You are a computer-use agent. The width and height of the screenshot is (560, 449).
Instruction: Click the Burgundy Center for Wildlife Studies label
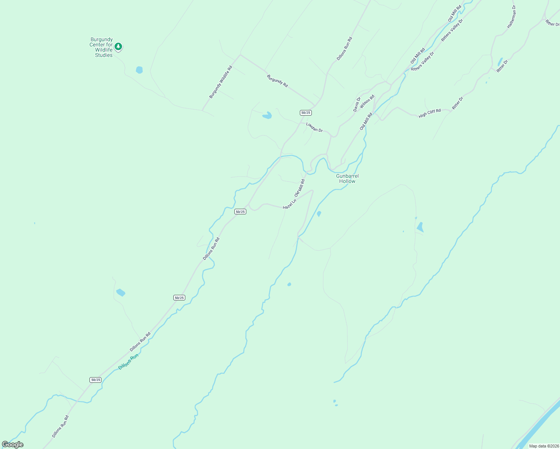click(x=101, y=47)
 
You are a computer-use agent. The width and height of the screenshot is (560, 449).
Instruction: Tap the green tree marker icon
click(x=118, y=47)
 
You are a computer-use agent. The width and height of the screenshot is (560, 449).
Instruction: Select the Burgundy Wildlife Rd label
click(x=221, y=82)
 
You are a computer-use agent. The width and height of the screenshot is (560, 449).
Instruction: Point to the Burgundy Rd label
click(x=277, y=81)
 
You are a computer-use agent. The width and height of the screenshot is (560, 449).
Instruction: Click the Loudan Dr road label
click(x=314, y=127)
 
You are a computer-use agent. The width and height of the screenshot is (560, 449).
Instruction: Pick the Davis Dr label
click(x=357, y=104)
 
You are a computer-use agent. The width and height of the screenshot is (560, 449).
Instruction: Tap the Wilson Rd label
click(x=367, y=101)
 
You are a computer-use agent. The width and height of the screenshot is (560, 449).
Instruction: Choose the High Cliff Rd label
click(x=430, y=113)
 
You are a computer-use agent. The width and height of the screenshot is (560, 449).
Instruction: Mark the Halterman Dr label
click(x=511, y=17)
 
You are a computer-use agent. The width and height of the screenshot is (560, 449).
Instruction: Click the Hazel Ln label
click(x=289, y=205)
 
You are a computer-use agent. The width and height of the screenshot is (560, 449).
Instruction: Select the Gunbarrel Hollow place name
click(x=347, y=178)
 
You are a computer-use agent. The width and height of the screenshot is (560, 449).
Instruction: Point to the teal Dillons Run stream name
click(x=128, y=362)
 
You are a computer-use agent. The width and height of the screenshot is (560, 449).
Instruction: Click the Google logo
click(x=12, y=445)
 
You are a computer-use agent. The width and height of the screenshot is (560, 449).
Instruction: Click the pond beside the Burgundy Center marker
click(x=139, y=70)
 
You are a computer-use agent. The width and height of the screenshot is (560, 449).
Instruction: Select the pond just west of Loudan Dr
click(x=267, y=115)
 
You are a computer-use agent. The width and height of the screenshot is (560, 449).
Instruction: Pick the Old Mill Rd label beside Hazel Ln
click(x=299, y=188)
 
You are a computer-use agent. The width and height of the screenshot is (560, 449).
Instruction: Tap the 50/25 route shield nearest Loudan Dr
click(x=305, y=113)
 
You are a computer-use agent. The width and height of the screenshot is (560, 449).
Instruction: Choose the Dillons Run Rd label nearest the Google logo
click(x=60, y=427)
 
